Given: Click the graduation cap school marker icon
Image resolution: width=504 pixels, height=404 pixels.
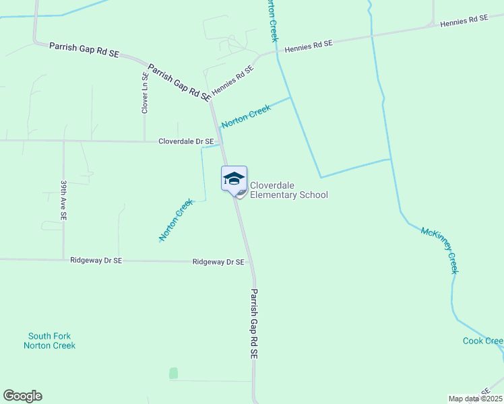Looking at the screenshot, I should (234, 178).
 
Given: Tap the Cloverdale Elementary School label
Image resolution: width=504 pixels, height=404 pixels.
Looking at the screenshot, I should (288, 191).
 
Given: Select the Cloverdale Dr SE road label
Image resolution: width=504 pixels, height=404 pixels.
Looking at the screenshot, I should (186, 141).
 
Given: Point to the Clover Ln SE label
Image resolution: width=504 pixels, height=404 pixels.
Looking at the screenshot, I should (145, 93).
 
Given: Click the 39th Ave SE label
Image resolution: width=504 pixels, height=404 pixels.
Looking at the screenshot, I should (63, 200).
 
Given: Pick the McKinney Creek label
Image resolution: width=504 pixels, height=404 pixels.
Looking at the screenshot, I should (439, 250).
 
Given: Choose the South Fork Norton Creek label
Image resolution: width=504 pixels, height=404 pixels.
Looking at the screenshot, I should (49, 341).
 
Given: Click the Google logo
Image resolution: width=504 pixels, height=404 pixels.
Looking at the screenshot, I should (22, 396).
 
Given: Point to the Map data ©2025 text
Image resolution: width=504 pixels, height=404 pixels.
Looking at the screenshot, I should (475, 399).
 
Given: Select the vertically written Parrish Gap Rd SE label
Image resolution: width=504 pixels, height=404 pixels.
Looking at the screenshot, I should (254, 323).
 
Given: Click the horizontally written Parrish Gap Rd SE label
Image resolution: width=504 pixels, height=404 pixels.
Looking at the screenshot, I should (84, 49).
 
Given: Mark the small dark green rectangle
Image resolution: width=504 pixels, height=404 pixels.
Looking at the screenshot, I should (173, 373).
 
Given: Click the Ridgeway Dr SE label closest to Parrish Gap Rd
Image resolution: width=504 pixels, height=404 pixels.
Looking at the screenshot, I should (218, 261).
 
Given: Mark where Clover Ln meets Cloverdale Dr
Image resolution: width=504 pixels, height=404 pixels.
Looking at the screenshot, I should (145, 141).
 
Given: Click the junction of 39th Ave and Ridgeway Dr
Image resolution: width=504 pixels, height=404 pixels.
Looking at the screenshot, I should (63, 259).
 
